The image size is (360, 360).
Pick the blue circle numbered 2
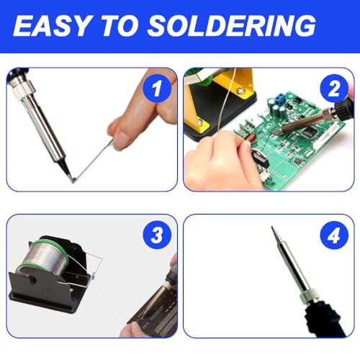(333, 89)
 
